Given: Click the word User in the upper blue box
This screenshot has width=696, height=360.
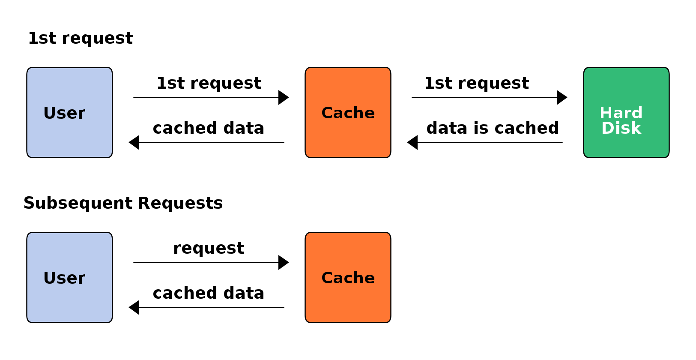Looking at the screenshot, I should [64, 113].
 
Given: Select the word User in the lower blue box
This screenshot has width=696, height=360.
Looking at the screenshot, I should [64, 278].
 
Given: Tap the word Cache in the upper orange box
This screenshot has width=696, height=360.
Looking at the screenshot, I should [348, 113].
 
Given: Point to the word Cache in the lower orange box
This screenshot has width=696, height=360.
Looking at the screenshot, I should [348, 278].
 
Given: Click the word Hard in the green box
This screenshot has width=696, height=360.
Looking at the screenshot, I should [621, 113].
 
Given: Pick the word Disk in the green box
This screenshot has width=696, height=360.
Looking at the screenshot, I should [621, 128].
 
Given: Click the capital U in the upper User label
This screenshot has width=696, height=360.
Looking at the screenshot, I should [49, 113].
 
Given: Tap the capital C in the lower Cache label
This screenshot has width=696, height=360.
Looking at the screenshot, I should [327, 278].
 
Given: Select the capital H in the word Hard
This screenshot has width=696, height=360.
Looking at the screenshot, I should [606, 113].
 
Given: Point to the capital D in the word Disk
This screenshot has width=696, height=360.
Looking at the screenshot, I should [607, 128].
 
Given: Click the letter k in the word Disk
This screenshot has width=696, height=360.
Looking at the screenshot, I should [636, 128].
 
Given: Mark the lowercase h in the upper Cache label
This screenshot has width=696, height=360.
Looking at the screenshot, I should [359, 113].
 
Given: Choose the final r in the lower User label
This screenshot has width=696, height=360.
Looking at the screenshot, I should [82, 279].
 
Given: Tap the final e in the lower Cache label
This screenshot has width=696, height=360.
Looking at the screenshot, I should [370, 279].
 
